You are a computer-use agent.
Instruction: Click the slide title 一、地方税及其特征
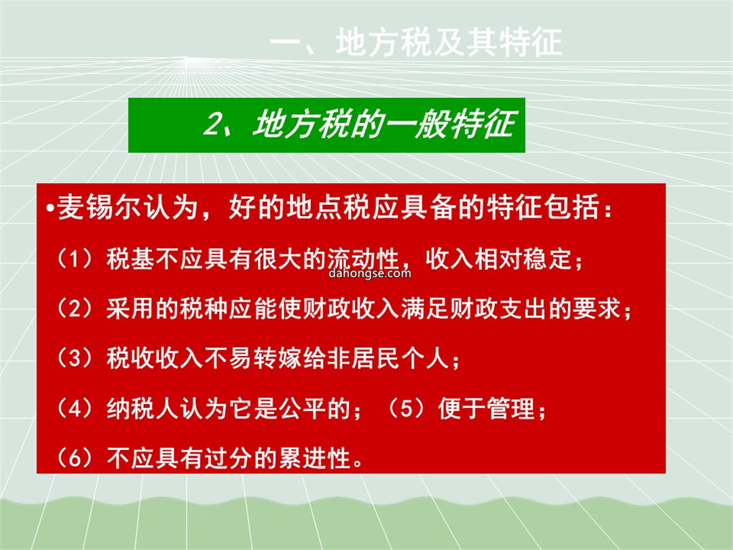pos(415,42)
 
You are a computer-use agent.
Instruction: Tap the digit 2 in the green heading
pos(212,124)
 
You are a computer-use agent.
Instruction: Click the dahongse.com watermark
pos(370,273)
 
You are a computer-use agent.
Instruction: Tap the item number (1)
pos(75,259)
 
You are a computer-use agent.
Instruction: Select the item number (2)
pos(75,309)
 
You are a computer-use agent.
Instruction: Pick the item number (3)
pos(75,359)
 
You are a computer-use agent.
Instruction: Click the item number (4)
pos(75,408)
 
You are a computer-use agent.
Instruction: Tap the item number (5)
pos(407,408)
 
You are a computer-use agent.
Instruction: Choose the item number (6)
pos(75,458)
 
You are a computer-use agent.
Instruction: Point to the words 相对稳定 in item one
pos(523,259)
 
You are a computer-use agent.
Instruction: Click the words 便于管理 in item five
pos(487,408)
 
